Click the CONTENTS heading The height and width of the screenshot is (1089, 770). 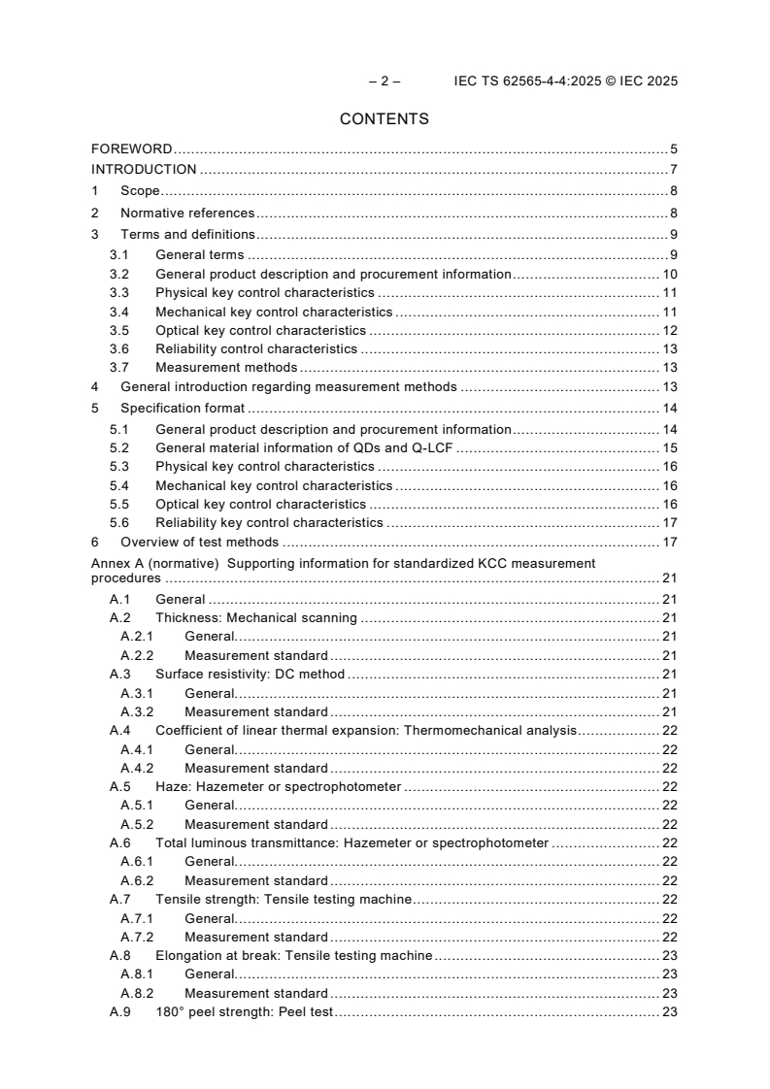click(385, 119)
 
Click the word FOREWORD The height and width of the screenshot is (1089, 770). click(132, 149)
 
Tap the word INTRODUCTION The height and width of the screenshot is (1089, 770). click(144, 169)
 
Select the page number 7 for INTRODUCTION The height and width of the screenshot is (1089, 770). click(673, 169)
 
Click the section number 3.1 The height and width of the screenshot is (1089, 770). click(118, 255)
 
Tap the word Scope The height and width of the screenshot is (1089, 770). click(140, 191)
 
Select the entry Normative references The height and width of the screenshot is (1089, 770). click(187, 213)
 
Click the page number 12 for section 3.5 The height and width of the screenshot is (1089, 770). click(670, 330)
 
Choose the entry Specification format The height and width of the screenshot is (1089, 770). click(183, 408)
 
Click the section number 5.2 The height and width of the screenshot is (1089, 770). click(118, 448)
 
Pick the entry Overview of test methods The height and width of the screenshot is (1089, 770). click(199, 542)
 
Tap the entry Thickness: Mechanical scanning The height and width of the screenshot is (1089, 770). click(256, 617)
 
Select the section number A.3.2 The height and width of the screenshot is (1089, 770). click(137, 711)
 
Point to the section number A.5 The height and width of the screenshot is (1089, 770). click(119, 786)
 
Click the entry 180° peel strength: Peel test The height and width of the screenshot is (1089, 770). click(244, 1011)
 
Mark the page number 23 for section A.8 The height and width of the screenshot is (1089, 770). click(670, 955)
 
